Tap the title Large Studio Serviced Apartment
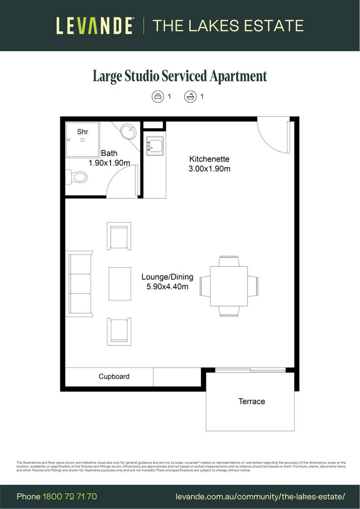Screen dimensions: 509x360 pos(180,76)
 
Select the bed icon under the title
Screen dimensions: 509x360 pos(157,97)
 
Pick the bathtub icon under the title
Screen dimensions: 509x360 pos(190,97)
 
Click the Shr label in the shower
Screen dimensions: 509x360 pos(82,132)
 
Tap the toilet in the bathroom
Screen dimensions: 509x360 pos(77,177)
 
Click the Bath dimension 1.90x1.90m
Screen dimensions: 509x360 pos(109,163)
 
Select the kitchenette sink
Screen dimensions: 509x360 pos(155,146)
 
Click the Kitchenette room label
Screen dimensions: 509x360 pos(209,159)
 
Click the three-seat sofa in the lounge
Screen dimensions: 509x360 pos(81,285)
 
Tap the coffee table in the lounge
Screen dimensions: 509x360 pos(120,284)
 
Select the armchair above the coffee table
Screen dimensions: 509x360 pos(119,236)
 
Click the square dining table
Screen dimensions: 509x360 pos(229,286)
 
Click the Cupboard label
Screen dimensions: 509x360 pos(114,377)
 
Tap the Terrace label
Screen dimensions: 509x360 pos(252,402)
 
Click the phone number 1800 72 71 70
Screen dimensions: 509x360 pos(70,496)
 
